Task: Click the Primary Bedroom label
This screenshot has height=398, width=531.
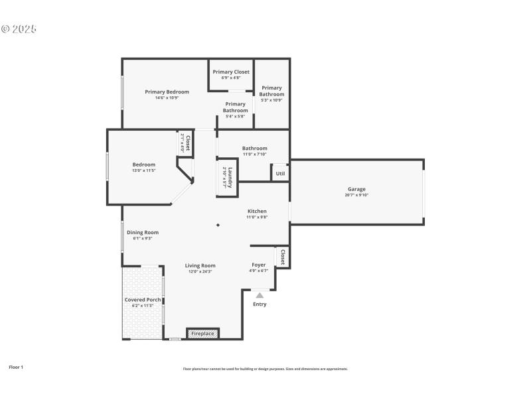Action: point(167,92)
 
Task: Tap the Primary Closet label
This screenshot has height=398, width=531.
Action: point(231,72)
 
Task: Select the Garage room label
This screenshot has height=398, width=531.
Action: point(356,189)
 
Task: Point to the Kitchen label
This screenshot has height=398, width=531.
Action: point(257,212)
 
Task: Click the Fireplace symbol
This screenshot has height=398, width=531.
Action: point(202,333)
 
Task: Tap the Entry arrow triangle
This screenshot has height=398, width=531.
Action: point(260,295)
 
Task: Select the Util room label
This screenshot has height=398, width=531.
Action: point(280,174)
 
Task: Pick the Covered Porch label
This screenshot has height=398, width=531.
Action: point(143,300)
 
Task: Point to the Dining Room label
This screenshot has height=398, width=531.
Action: point(143,232)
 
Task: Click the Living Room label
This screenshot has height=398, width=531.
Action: point(200,265)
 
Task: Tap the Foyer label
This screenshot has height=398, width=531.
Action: point(258,265)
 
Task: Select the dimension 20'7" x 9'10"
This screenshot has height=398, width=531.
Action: point(356,195)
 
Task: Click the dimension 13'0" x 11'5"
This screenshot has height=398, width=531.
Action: point(143,170)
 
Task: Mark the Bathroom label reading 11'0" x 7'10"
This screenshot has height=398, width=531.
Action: point(255,149)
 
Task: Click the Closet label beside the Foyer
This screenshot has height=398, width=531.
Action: point(282,257)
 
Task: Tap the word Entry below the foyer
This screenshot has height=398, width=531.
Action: point(260,304)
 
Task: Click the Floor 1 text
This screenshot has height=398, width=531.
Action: point(16,367)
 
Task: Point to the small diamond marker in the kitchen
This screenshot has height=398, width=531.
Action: point(218,225)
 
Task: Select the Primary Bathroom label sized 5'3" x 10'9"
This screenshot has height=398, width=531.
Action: point(271,91)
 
